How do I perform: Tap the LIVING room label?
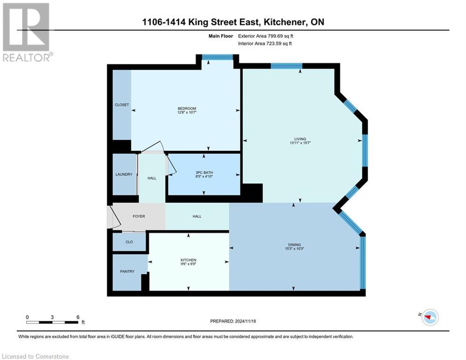click(300, 139)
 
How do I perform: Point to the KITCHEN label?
click(188, 260)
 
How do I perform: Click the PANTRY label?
click(127, 271)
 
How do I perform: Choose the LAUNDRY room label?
click(124, 174)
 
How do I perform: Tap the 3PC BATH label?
click(204, 172)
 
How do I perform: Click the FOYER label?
click(139, 216)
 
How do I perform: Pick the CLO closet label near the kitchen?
click(129, 242)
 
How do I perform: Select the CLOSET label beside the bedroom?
click(122, 105)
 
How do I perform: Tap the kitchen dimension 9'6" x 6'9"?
click(188, 264)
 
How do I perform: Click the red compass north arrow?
click(429, 317)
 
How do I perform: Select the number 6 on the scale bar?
click(77, 317)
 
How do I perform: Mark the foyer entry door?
click(110, 217)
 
